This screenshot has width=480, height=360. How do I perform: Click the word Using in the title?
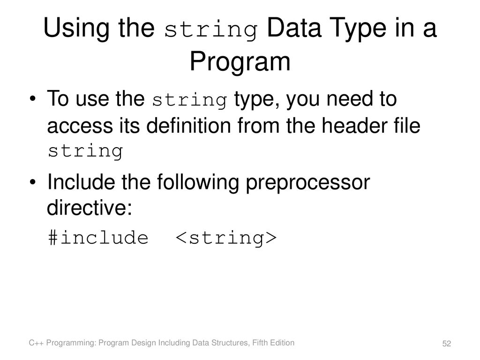click(x=76, y=29)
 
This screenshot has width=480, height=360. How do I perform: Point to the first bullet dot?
click(x=32, y=99)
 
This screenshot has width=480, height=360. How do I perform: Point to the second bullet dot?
click(x=32, y=182)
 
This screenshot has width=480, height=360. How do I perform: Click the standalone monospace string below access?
click(x=85, y=151)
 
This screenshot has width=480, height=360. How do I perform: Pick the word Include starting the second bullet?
click(x=81, y=182)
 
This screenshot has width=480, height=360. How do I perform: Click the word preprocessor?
click(x=308, y=183)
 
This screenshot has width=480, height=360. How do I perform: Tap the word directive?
click(x=90, y=208)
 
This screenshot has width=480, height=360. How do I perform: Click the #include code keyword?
click(x=98, y=238)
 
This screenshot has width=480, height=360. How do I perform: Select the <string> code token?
click(x=226, y=239)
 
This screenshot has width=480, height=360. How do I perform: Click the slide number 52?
click(x=447, y=344)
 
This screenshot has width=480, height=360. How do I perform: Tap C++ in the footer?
click(x=37, y=343)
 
